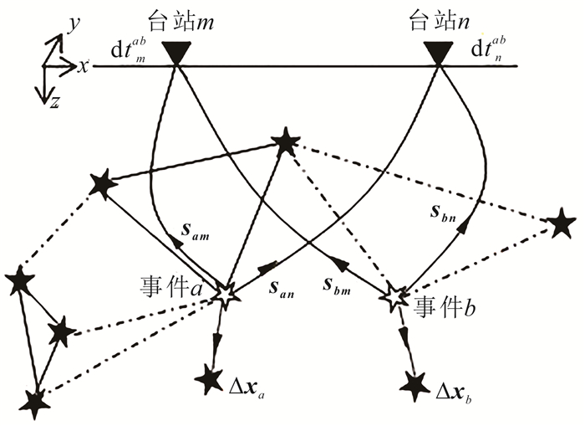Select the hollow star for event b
tap(395, 297)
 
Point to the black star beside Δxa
tap(209, 380)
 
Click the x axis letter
tap(84, 66)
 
